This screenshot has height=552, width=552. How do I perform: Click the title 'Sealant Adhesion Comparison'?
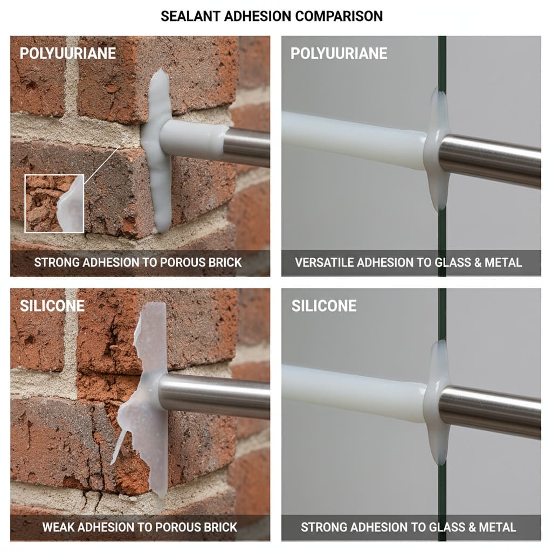(272, 16)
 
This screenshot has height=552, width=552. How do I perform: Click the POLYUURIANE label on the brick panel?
(68, 53)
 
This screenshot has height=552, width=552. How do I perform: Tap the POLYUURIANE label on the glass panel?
(339, 53)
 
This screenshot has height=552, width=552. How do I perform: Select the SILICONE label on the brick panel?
(52, 306)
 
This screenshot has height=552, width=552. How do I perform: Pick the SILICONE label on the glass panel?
(323, 306)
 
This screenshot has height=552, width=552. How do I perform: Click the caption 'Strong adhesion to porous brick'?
(138, 263)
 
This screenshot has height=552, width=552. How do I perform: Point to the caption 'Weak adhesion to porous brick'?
(140, 527)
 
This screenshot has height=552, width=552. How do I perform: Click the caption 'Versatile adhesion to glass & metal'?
(408, 263)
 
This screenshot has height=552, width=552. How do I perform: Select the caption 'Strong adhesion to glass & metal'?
(408, 527)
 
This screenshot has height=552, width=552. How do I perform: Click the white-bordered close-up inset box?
(54, 203)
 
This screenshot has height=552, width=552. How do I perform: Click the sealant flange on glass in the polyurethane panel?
(437, 151)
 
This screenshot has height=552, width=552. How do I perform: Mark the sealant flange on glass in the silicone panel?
(437, 402)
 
